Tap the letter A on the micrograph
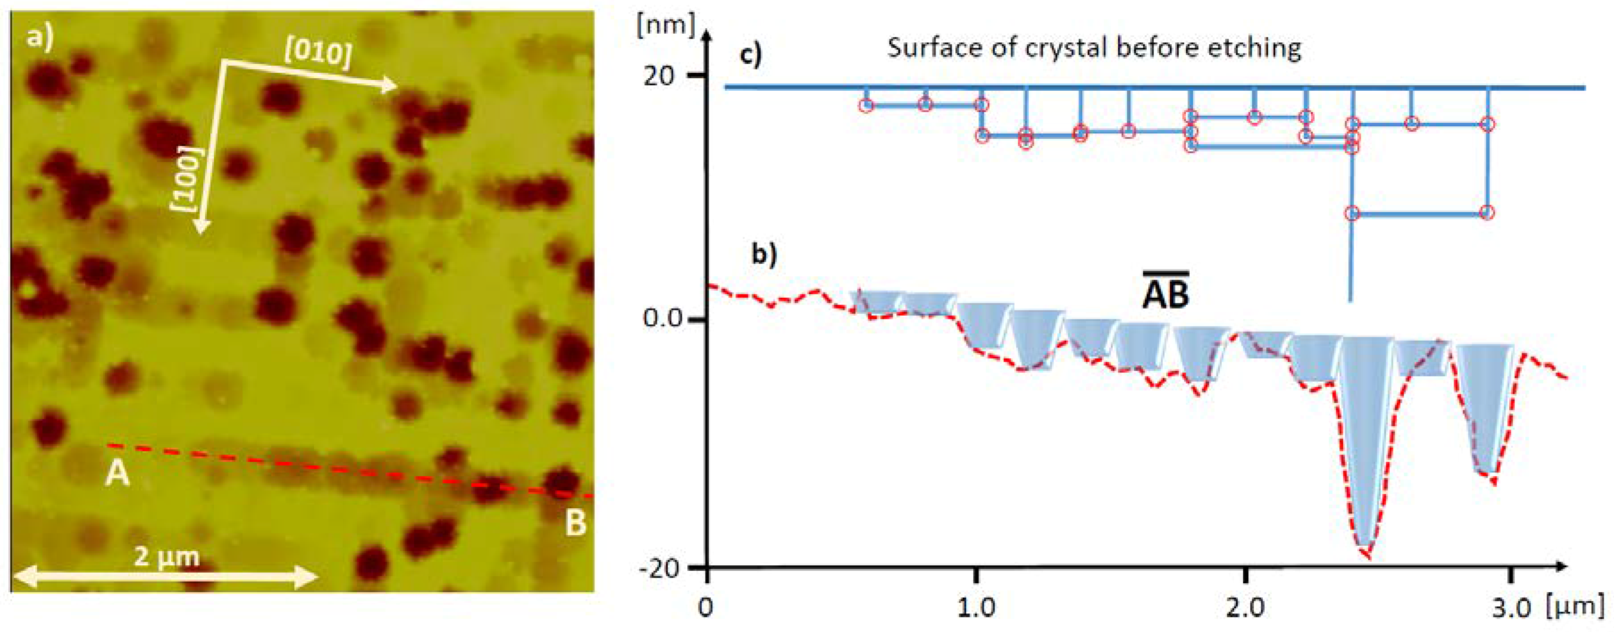point(117,474)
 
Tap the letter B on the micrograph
point(575,524)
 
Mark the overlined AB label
point(1165,294)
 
